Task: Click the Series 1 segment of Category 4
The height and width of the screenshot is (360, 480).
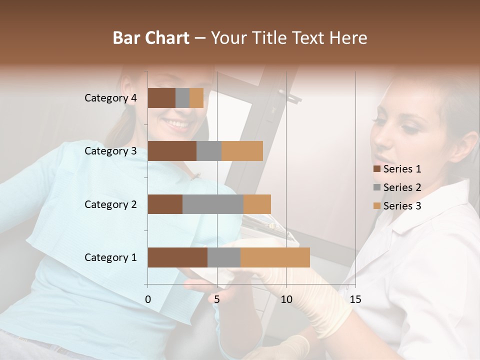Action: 161,98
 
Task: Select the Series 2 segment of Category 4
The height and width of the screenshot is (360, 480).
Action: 182,98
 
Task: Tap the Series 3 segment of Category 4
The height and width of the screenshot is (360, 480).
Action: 196,98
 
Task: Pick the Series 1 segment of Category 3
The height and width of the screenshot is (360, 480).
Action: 172,151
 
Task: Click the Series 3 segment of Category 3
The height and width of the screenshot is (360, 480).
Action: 242,151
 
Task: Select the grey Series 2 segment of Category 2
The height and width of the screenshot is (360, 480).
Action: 213,204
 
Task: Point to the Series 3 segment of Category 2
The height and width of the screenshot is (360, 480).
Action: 257,204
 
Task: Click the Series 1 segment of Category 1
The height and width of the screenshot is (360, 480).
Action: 177,257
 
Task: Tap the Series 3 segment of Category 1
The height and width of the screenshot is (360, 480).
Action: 275,257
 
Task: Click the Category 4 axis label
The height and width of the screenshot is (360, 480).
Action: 110,98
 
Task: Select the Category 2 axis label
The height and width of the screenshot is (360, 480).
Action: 110,204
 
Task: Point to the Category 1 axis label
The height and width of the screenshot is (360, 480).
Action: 110,257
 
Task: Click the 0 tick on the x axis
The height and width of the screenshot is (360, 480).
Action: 148,299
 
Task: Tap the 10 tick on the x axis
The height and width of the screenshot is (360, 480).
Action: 286,299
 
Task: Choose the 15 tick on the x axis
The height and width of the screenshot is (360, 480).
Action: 355,299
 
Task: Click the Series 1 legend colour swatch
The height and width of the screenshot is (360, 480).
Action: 376,169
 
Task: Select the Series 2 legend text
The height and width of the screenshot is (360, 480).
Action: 402,187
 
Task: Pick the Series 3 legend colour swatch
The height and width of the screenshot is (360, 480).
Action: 376,206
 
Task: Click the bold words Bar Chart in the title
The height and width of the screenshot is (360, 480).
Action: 151,38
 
